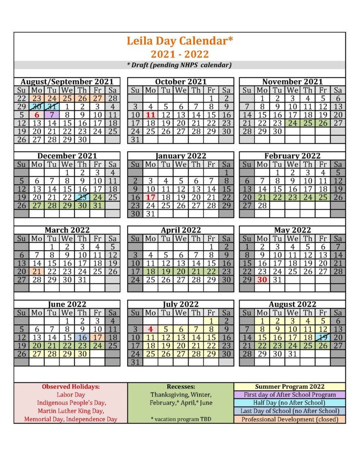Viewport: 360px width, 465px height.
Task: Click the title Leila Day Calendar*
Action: tap(180, 41)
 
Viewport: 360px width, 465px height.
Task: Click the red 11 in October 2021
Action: tap(150, 115)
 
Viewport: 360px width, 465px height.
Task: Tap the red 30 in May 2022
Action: tap(262, 280)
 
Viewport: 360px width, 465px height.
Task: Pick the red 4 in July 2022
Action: tap(150, 329)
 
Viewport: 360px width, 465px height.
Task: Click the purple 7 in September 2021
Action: tap(52, 115)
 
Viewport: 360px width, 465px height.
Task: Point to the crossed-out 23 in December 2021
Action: tap(82, 197)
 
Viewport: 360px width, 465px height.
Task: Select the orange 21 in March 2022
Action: tap(37, 271)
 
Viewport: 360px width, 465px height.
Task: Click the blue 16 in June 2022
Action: tap(82, 337)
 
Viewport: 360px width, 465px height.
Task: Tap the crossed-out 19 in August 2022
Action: tap(323, 337)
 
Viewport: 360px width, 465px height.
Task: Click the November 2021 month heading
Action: tap(292, 82)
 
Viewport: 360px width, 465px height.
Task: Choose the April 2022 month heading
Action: tap(180, 230)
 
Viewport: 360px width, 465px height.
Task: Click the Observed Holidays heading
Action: tap(70, 386)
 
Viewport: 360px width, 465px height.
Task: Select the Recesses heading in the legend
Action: tap(180, 386)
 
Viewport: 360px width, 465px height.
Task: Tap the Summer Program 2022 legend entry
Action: tap(290, 386)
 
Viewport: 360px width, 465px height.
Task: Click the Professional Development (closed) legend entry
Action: tap(290, 419)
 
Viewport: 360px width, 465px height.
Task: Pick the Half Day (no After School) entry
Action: tap(290, 403)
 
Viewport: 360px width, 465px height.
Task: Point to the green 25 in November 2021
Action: tap(307, 123)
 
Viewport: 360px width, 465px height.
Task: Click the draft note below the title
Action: tap(180, 65)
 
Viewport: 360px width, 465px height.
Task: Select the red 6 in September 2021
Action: tap(37, 115)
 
